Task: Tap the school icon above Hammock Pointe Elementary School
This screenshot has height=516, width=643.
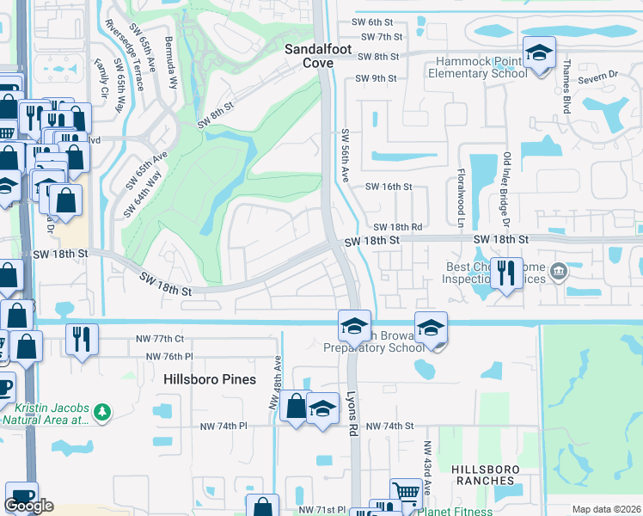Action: pyautogui.click(x=539, y=53)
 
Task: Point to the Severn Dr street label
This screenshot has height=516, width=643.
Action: pyautogui.click(x=600, y=77)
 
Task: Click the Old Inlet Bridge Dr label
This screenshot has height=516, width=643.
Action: pyautogui.click(x=507, y=182)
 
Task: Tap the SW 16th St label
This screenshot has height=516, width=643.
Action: pyautogui.click(x=388, y=187)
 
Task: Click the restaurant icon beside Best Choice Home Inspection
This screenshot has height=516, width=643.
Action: pyautogui.click(x=505, y=273)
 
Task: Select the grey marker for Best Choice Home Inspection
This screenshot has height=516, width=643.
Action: pyautogui.click(x=559, y=273)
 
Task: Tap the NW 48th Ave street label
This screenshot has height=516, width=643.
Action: pyautogui.click(x=275, y=383)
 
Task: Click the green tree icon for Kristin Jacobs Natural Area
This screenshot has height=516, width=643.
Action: pyautogui.click(x=102, y=412)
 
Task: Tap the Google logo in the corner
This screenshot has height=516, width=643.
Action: pyautogui.click(x=29, y=506)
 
